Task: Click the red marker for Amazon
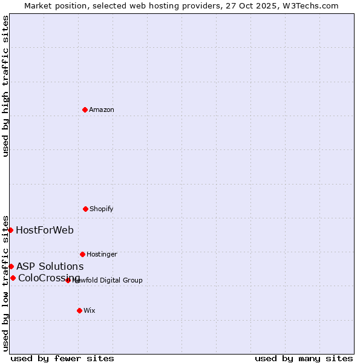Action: [x=85, y=110]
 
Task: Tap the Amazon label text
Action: [x=102, y=110]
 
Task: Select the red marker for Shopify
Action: [x=85, y=209]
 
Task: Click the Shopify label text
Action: [x=102, y=209]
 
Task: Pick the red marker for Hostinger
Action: [x=82, y=254]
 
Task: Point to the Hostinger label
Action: [x=102, y=254]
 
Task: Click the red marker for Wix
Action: [x=79, y=310]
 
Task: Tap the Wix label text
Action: [x=90, y=310]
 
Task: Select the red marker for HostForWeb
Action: [x=10, y=230]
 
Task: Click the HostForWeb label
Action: [x=45, y=230]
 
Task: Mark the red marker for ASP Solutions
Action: [x=11, y=266]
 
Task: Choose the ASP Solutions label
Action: [x=50, y=266]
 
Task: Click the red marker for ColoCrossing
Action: [x=13, y=278]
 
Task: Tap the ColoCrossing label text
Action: [x=48, y=278]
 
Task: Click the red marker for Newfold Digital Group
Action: [x=68, y=280]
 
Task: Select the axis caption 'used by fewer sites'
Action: [x=62, y=358]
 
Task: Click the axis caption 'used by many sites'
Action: [x=304, y=358]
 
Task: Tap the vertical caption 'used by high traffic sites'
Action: [x=5, y=86]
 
